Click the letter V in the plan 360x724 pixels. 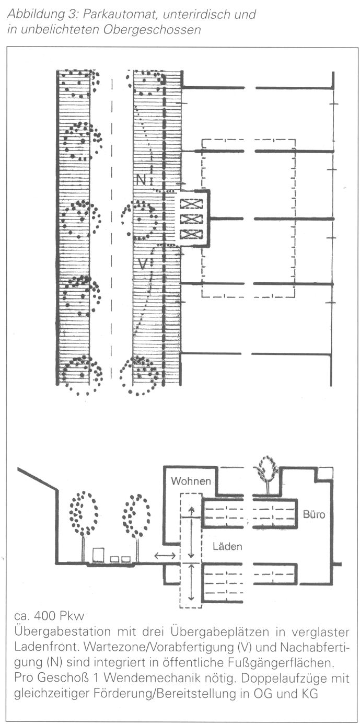tap(142, 265)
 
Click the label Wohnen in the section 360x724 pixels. tap(191, 481)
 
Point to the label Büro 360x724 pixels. tap(314, 514)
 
